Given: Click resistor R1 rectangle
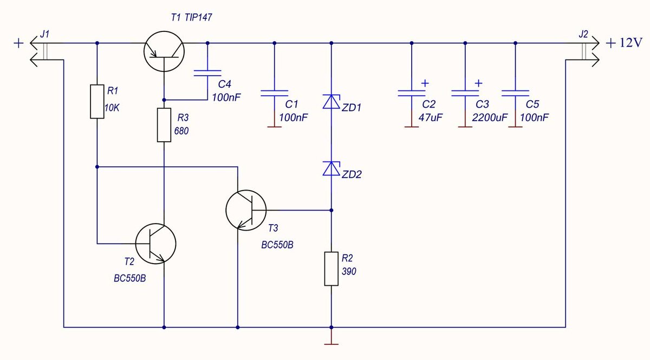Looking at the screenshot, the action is tap(97, 102).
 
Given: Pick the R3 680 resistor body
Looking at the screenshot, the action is tap(164, 125).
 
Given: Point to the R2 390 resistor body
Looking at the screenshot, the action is tap(331, 269).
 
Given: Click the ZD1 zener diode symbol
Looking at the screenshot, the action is tap(331, 102).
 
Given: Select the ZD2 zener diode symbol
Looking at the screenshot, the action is tap(331, 168).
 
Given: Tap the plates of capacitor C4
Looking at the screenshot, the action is tap(207, 73).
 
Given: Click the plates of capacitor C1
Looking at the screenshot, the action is tap(275, 93).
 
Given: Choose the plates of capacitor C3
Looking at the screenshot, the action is tap(465, 93).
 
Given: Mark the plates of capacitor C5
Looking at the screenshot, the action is tap(515, 93).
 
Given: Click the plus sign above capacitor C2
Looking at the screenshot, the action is tap(425, 83).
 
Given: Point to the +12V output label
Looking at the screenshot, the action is tap(624, 43).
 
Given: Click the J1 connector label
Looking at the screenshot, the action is tap(44, 34).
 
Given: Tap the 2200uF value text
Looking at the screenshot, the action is tap(490, 118).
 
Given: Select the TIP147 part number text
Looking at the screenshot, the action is tap(198, 17).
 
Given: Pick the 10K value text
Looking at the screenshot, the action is tap(112, 108).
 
